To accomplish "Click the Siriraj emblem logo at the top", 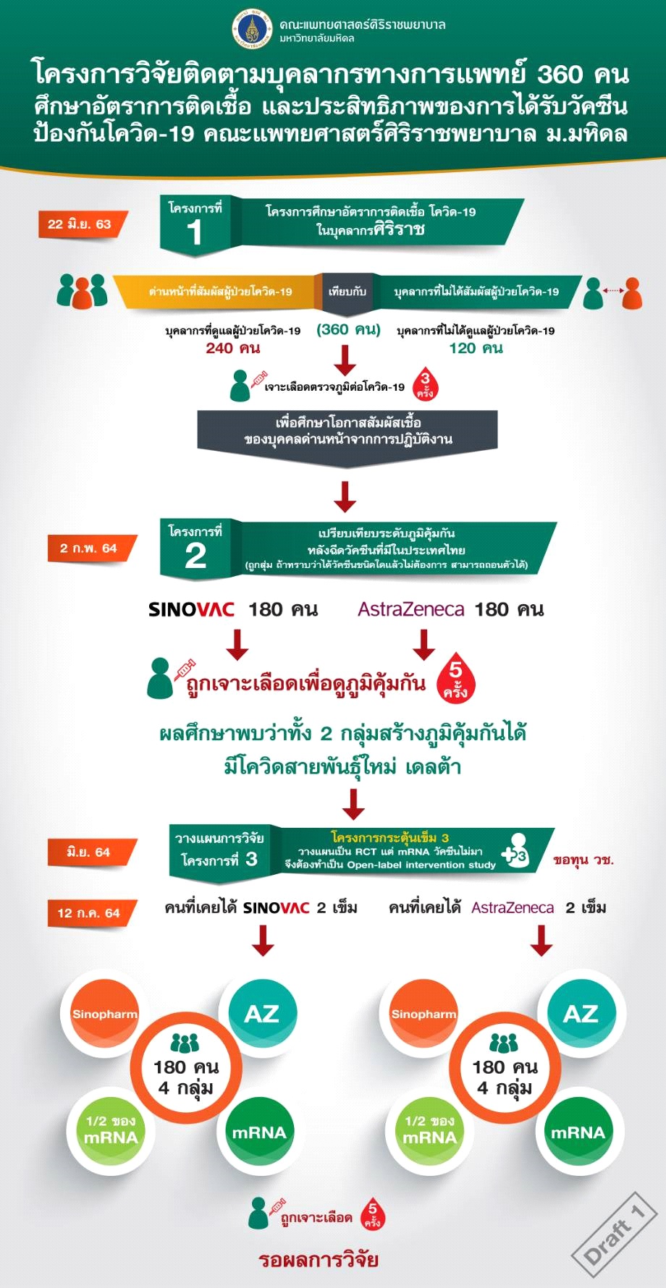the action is coord(252,28).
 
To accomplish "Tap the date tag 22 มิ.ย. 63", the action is coord(81,224).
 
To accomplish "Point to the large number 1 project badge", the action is coord(195,226).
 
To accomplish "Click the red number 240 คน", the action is coord(233,349).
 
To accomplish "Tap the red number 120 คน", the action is coord(476,349).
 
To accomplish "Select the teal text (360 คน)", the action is coord(348,330).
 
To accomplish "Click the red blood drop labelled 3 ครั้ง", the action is coord(425,384).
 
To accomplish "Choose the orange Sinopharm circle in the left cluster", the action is coord(104,1014).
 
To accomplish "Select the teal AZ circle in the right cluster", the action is coord(581,1013).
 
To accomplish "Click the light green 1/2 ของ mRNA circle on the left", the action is coord(111,1130).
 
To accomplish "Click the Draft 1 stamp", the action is coord(614,1234).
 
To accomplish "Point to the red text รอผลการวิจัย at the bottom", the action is coord(319,1260).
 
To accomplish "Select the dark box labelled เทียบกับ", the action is coord(347,292).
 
